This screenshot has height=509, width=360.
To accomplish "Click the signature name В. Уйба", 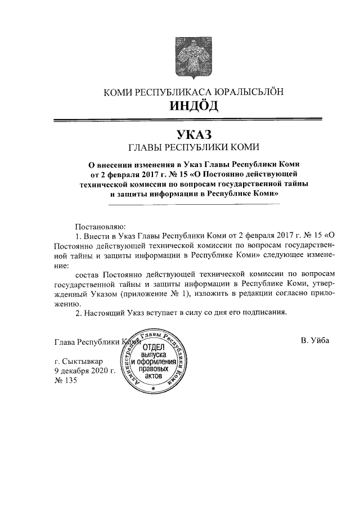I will pos(315,341).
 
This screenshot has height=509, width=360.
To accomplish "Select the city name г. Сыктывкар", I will pos(78,361).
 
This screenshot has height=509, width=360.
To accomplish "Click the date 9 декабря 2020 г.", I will pos(84,371).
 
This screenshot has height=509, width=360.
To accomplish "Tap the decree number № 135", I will pos(66,381).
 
